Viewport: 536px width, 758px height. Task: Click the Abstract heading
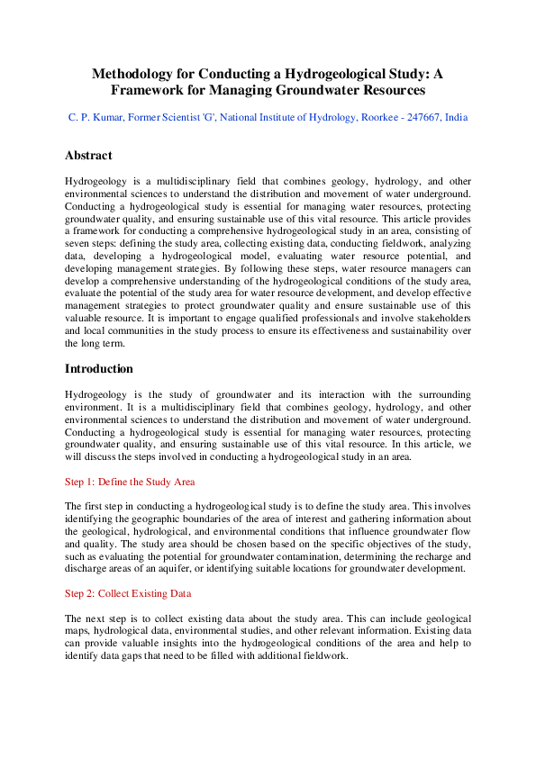(88, 155)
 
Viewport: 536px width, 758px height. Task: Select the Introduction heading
(99, 368)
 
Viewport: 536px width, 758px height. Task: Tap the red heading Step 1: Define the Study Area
(130, 482)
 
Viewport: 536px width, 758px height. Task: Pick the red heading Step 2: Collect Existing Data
(128, 593)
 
